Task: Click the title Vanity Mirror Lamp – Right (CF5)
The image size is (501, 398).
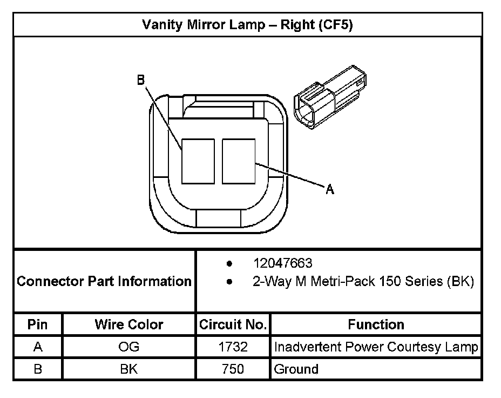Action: tap(247, 25)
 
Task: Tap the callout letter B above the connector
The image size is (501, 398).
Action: tap(140, 80)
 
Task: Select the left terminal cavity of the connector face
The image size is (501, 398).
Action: tap(198, 161)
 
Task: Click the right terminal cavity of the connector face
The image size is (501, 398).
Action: tap(238, 161)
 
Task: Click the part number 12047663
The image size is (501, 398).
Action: tap(282, 263)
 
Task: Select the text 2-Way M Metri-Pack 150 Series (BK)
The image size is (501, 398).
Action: tap(363, 282)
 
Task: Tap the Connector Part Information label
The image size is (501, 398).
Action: tap(104, 281)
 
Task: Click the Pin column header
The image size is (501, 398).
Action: tap(38, 324)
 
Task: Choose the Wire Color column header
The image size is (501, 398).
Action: tap(128, 324)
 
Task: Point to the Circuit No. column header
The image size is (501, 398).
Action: tap(233, 324)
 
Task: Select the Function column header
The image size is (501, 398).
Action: tap(376, 324)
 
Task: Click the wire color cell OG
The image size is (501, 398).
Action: tap(128, 347)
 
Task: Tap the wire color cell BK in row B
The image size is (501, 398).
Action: tap(128, 369)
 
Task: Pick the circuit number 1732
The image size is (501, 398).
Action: tap(233, 347)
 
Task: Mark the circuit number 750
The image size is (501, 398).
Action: tap(233, 369)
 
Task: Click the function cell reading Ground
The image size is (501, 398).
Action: tap(296, 369)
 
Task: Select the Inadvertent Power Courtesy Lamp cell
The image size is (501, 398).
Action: tap(376, 347)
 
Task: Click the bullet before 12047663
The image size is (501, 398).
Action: tap(229, 264)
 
